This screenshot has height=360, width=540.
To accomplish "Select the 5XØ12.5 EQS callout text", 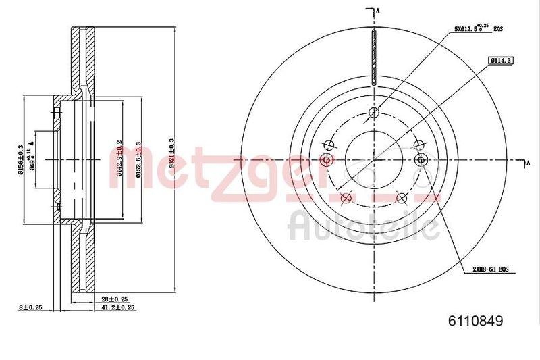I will coord(479,29).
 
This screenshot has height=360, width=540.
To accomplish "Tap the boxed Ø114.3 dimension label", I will coord(500,61).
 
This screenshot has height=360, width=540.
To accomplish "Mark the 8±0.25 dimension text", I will coord(31,307).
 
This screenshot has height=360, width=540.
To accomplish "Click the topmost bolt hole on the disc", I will coord(374,113).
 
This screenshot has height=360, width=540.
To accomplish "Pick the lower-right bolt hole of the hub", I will coord(402,197).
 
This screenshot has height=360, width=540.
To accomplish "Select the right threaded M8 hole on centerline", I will coord(423,160).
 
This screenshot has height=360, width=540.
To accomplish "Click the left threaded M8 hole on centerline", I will coord(327,160).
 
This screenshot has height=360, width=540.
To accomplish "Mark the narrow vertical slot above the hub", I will coord(374,57).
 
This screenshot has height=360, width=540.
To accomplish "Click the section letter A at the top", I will coord(379,10).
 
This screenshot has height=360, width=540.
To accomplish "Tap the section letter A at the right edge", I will coord(529,163).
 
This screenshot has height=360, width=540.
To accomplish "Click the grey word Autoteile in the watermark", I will coord(364,226).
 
